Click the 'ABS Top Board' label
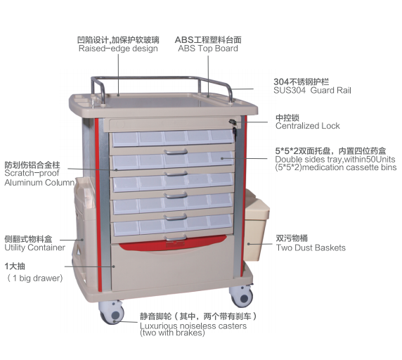click(x=208, y=49)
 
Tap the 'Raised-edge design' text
click(x=118, y=49)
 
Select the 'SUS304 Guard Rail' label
click(x=312, y=90)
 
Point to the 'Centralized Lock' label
click(x=307, y=126)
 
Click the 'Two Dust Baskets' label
click(x=311, y=247)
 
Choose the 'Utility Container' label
click(x=35, y=247)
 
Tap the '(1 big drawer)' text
click(x=35, y=278)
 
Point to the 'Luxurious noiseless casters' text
click(x=193, y=326)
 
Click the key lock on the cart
click(x=233, y=123)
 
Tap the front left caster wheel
click(x=112, y=313)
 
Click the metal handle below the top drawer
click(x=176, y=152)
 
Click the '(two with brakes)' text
click(x=172, y=333)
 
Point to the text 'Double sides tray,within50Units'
click(x=335, y=159)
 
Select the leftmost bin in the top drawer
click(x=125, y=139)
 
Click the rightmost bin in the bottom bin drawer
click(x=221, y=221)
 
